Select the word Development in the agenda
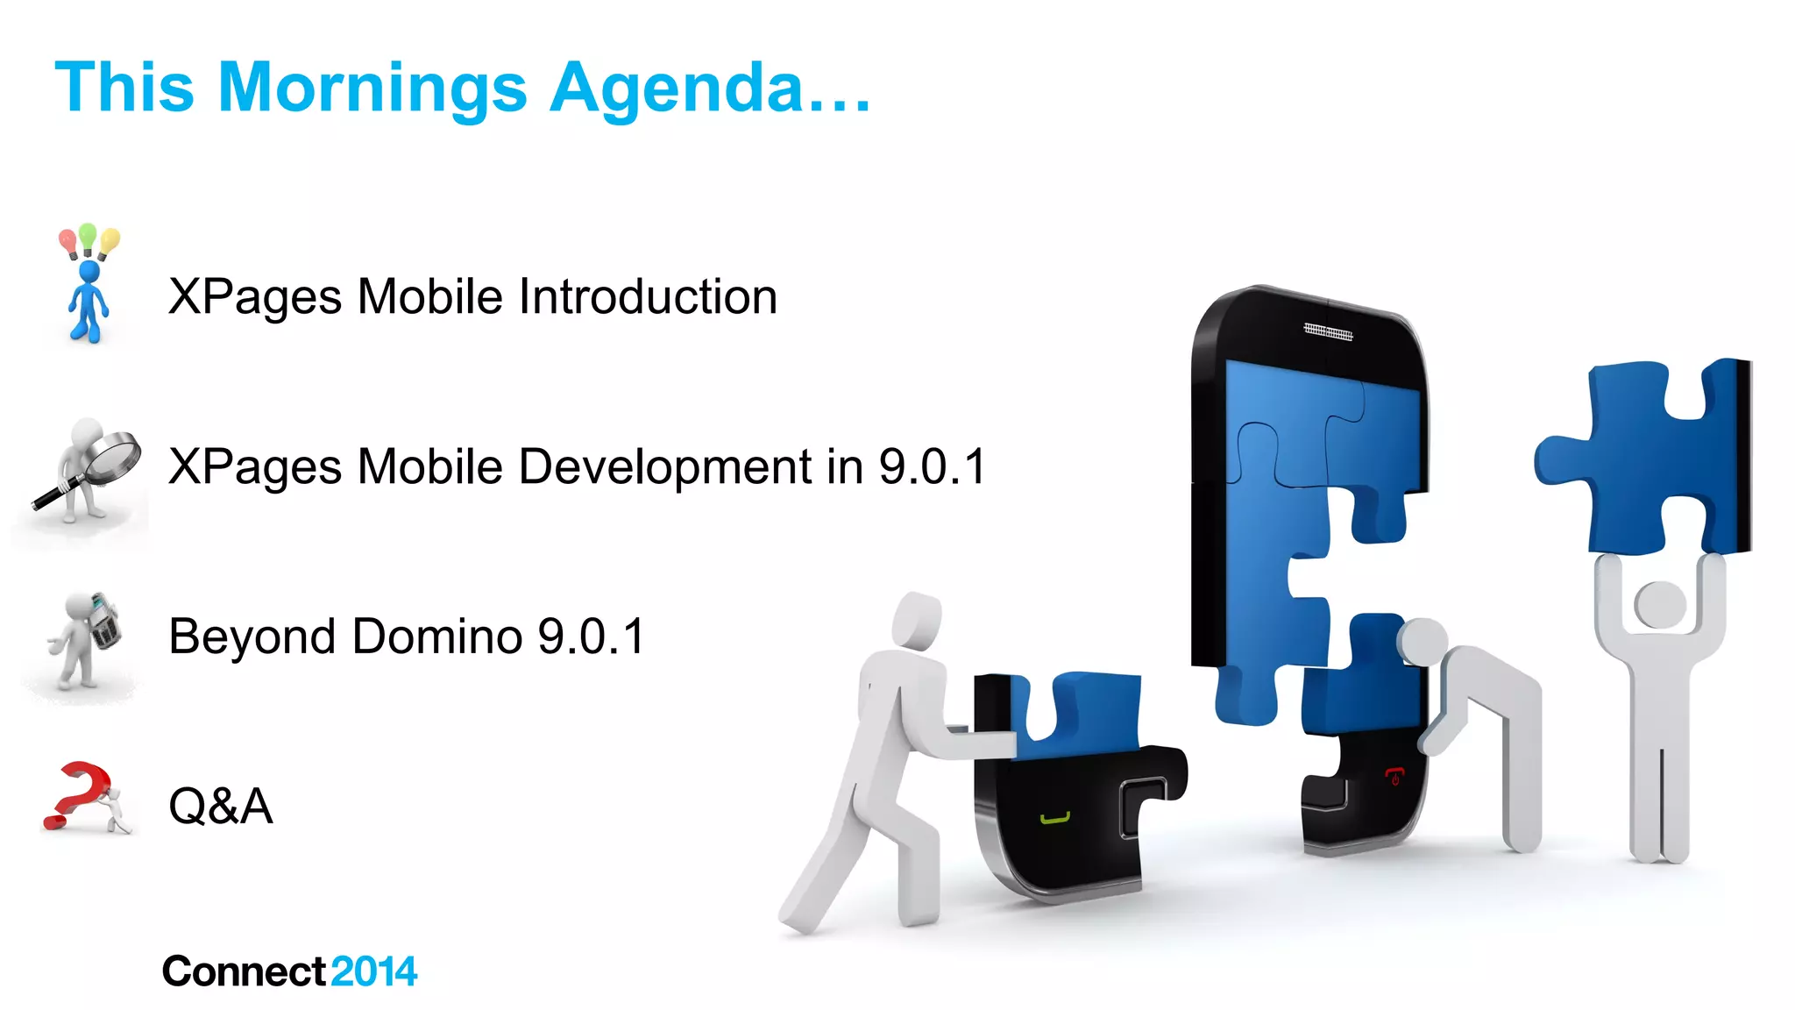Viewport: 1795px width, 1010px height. click(665, 466)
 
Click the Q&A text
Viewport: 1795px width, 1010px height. click(220, 806)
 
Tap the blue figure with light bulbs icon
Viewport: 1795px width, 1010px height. click(89, 284)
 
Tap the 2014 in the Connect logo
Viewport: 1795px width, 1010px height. click(374, 971)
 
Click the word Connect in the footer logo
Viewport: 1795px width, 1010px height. click(245, 971)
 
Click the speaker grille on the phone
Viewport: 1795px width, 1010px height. click(1328, 331)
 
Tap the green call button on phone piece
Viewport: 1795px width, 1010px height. click(1055, 819)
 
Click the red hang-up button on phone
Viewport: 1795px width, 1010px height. click(1394, 775)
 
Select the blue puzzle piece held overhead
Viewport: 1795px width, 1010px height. click(1648, 456)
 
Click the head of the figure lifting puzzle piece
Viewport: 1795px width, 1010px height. click(1659, 605)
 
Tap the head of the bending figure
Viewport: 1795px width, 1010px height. click(1422, 641)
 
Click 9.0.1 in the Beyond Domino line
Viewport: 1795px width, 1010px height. click(592, 637)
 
